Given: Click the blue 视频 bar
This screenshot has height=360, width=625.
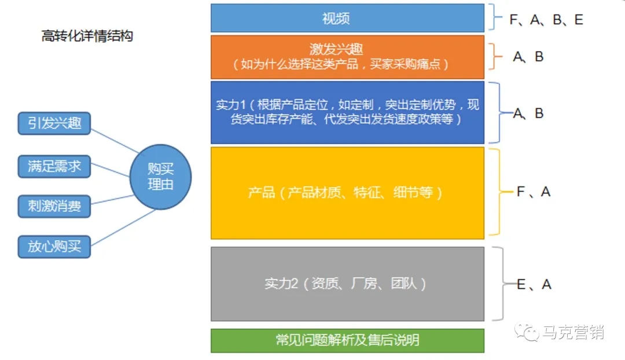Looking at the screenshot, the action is pyautogui.click(x=347, y=18).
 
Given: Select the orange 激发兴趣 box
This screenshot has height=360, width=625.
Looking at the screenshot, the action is pyautogui.click(x=347, y=57).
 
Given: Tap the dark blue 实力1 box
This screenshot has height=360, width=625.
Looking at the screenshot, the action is pyautogui.click(x=347, y=112).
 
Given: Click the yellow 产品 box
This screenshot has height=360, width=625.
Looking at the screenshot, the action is pyautogui.click(x=347, y=193).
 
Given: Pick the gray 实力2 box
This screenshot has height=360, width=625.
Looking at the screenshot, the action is pyautogui.click(x=347, y=284).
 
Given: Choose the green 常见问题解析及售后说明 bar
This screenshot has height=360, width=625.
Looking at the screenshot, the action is pyautogui.click(x=347, y=340).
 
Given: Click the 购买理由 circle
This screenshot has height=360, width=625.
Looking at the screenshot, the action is pyautogui.click(x=161, y=177).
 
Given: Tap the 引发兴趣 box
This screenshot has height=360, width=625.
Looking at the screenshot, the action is pyautogui.click(x=54, y=123).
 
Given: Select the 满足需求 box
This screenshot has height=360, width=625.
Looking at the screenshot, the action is pyautogui.click(x=54, y=166).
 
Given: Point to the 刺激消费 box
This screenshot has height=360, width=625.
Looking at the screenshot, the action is pyautogui.click(x=54, y=206).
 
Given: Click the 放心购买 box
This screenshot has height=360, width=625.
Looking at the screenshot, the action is pyautogui.click(x=54, y=247).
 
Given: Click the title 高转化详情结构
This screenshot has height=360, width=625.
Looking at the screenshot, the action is pyautogui.click(x=87, y=36).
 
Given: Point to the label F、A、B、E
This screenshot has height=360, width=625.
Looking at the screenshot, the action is pyautogui.click(x=546, y=20).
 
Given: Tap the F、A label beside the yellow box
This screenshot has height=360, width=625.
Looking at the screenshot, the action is pyautogui.click(x=534, y=192).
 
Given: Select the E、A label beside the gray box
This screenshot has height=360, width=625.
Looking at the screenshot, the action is pyautogui.click(x=534, y=284).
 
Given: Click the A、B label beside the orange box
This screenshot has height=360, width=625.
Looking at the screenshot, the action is pyautogui.click(x=528, y=57).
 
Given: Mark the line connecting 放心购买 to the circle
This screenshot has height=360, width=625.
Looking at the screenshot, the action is pyautogui.click(x=123, y=227).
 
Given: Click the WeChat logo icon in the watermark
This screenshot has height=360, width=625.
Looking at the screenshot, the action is pyautogui.click(x=527, y=332).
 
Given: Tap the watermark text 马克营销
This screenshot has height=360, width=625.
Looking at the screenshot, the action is pyautogui.click(x=573, y=332).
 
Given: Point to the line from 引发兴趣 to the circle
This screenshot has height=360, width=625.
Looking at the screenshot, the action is pyautogui.click(x=115, y=141).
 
